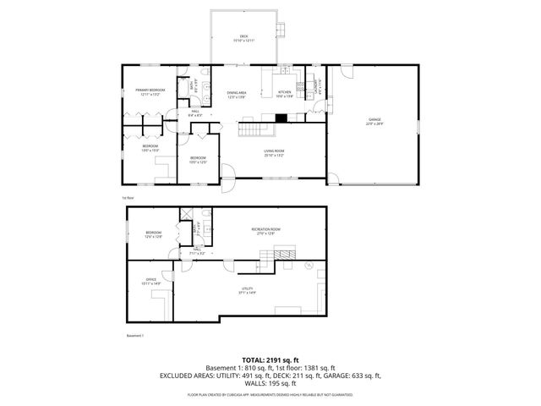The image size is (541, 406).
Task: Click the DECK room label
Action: tap(243, 36)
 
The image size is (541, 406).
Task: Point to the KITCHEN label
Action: tap(284, 92)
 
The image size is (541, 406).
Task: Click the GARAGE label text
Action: tap(374, 121)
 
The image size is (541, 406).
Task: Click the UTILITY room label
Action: tap(248, 289)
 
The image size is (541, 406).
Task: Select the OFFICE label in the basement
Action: tap(151, 280)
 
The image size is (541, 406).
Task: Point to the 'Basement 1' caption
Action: tap(135, 336)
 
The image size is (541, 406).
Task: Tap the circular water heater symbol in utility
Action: tap(309, 266)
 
